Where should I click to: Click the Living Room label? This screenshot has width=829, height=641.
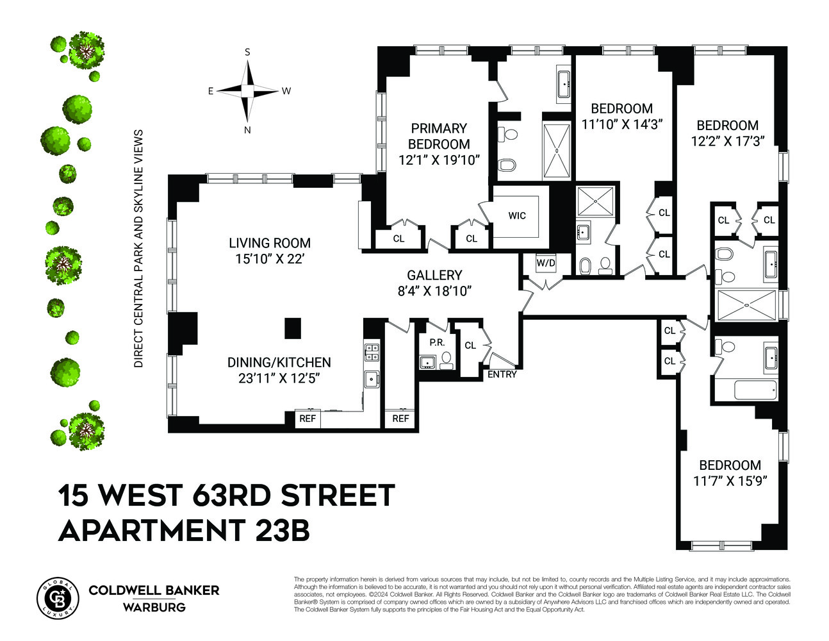click(x=270, y=243)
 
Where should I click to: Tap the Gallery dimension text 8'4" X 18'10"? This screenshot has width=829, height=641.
click(x=434, y=291)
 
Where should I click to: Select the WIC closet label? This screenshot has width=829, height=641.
click(x=517, y=215)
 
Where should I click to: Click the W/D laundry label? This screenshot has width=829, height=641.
click(x=545, y=262)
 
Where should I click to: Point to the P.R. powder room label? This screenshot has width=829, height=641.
click(x=437, y=342)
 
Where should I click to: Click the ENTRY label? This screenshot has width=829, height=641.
click(x=502, y=374)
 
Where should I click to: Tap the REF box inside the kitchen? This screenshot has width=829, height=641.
click(x=308, y=419)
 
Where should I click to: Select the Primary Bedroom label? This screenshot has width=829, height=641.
click(x=439, y=136)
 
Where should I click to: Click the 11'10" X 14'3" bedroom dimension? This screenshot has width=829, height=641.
click(x=621, y=124)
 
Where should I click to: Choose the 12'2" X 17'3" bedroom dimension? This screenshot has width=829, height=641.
click(x=728, y=142)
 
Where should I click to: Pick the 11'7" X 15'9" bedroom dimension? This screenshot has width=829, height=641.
click(x=730, y=481)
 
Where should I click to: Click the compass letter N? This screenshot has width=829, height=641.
click(x=247, y=130)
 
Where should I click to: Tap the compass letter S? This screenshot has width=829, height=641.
click(x=247, y=53)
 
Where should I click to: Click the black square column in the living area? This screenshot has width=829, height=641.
click(x=293, y=328)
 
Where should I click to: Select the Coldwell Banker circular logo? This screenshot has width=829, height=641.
click(x=58, y=597)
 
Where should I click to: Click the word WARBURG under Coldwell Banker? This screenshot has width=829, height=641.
click(x=154, y=607)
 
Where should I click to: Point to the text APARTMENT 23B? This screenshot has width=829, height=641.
click(x=185, y=531)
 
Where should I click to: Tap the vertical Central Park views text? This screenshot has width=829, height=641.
click(x=138, y=249)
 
